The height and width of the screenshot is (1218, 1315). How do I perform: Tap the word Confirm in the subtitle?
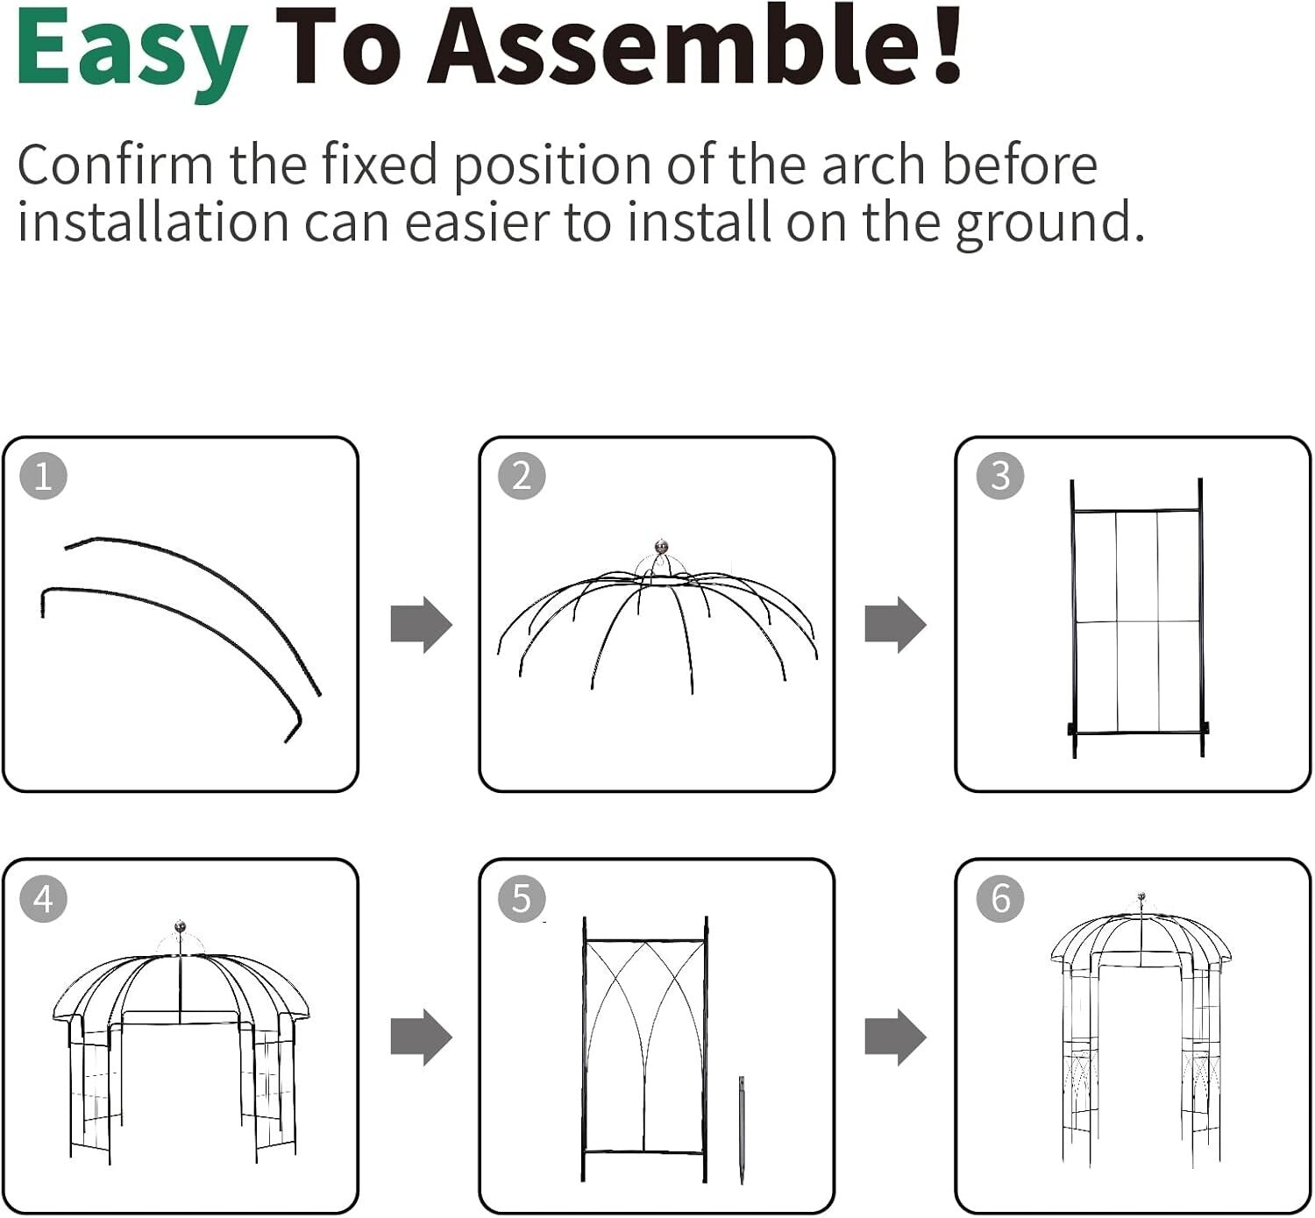pyautogui.click(x=115, y=164)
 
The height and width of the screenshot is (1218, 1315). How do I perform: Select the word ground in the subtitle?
pyautogui.click(x=1048, y=223)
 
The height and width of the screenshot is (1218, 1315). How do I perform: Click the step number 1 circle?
pyautogui.click(x=43, y=476)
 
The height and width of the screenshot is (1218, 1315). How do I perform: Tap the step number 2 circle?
pyautogui.click(x=522, y=476)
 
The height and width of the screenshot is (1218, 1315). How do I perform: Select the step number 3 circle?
pyautogui.click(x=999, y=476)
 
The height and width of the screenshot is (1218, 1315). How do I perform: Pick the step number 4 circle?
pyautogui.click(x=43, y=898)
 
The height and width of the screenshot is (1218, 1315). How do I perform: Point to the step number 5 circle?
pyautogui.click(x=522, y=898)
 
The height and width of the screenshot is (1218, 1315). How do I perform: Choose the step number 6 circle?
pyautogui.click(x=999, y=898)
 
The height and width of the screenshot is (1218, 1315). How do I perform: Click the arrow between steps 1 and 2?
pyautogui.click(x=421, y=625)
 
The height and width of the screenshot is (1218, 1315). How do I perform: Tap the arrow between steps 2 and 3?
pyautogui.click(x=895, y=625)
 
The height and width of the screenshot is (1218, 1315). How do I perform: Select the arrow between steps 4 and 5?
pyautogui.click(x=421, y=1037)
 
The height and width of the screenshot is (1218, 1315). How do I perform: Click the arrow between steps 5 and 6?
pyautogui.click(x=895, y=1037)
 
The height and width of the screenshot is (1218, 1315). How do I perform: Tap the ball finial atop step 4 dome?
pyautogui.click(x=181, y=926)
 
